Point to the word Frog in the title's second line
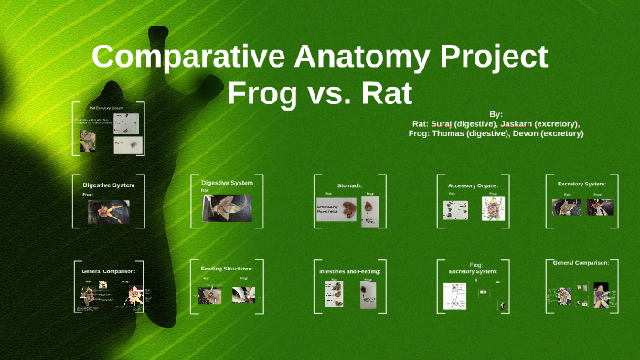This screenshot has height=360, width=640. [x=261, y=93]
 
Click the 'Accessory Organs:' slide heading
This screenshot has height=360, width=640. [x=473, y=185]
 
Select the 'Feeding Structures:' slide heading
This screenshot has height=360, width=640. [x=227, y=269]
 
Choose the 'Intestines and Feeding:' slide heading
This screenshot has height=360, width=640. [x=349, y=271]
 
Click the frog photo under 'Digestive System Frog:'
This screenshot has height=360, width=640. [x=108, y=212]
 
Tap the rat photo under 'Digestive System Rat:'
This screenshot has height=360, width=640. [x=227, y=208]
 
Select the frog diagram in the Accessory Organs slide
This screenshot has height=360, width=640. [x=493, y=209]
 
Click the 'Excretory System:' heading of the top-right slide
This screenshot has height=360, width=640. [x=582, y=184]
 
